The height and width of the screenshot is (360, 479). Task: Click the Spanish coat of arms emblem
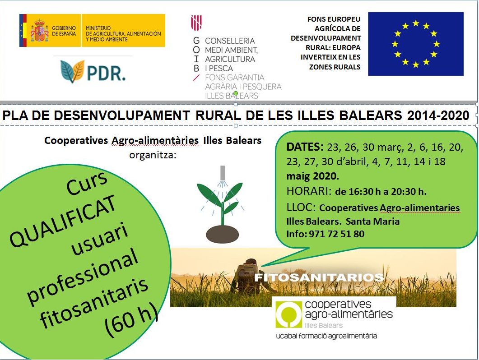click(39, 30)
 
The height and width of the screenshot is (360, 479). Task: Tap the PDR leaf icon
click(72, 71)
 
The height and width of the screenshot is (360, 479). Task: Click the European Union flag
click(416, 44)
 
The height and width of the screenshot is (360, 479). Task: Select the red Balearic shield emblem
click(196, 23)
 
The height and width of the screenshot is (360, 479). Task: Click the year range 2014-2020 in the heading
click(438, 115)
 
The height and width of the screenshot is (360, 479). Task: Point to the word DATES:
click(305, 147)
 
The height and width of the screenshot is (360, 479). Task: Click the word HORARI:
click(309, 191)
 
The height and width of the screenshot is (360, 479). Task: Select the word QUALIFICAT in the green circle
click(63, 221)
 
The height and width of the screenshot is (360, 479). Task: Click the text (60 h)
click(131, 320)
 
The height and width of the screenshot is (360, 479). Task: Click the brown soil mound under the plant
click(223, 234)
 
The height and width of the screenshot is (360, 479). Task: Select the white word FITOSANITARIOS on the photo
click(319, 277)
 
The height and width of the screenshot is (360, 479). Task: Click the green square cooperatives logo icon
click(288, 314)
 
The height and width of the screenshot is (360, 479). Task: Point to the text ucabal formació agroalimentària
click(326, 336)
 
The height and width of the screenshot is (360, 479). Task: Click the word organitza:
click(153, 155)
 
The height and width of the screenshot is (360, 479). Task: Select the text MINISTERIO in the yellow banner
click(98, 28)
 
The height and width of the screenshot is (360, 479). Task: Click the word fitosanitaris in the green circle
click(94, 302)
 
